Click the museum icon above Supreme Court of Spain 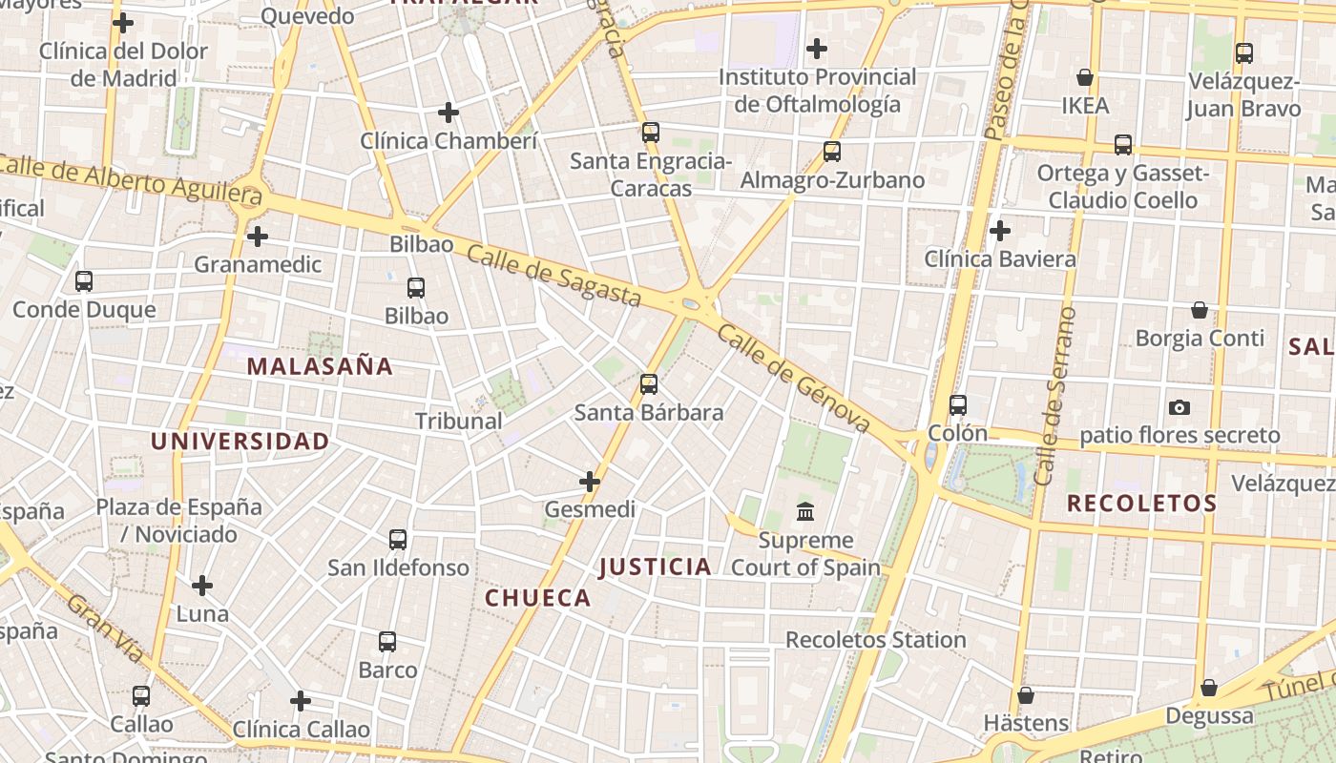pyautogui.click(x=804, y=512)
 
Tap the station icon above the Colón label pyautogui.click(x=958, y=405)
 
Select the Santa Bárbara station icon pyautogui.click(x=649, y=384)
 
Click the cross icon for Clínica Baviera pyautogui.click(x=1000, y=231)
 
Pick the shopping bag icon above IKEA pyautogui.click(x=1085, y=77)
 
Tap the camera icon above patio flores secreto pyautogui.click(x=1179, y=407)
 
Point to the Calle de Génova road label pyautogui.click(x=793, y=378)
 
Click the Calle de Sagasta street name pyautogui.click(x=553, y=274)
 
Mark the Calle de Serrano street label pyautogui.click(x=1055, y=395)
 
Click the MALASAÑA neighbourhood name pyautogui.click(x=320, y=366)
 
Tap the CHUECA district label pyautogui.click(x=538, y=598)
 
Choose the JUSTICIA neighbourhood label pyautogui.click(x=656, y=567)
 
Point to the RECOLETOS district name pyautogui.click(x=1141, y=504)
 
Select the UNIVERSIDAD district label pyautogui.click(x=240, y=442)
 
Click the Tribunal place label pyautogui.click(x=458, y=421)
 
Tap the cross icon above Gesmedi pyautogui.click(x=590, y=482)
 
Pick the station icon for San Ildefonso pyautogui.click(x=398, y=540)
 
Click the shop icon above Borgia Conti pyautogui.click(x=1200, y=310)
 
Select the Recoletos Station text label pyautogui.click(x=875, y=640)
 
